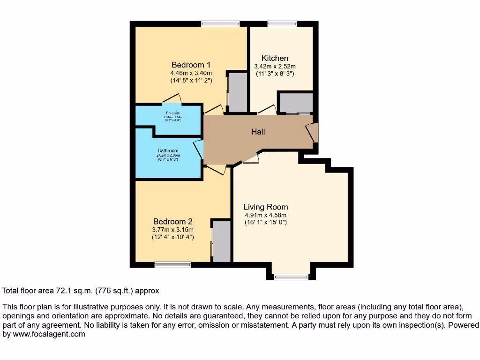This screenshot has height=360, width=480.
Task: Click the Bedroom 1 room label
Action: [x=191, y=65]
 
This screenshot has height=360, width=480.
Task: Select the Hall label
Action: [x=258, y=132]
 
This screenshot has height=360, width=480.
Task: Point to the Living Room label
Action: [x=265, y=207]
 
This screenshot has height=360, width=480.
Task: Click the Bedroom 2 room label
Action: [x=172, y=221]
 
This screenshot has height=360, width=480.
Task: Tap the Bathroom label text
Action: [x=168, y=150]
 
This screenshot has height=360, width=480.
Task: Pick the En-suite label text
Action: [x=172, y=113]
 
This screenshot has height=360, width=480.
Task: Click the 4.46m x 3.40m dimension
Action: [x=191, y=73]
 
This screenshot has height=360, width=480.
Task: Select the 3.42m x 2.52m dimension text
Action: [x=275, y=67]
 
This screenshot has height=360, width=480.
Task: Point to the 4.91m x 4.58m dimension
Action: [x=265, y=215]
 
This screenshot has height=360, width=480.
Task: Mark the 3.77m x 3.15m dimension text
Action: [x=172, y=230]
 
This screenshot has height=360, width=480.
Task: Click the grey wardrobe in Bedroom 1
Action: [x=237, y=92]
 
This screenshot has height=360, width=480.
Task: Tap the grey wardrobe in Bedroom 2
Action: [x=222, y=241]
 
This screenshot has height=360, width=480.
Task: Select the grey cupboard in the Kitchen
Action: [x=296, y=103]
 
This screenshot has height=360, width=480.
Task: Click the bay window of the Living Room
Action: [x=291, y=277]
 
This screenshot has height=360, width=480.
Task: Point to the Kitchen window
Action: [x=282, y=24]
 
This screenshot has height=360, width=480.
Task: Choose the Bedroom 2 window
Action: [x=173, y=265]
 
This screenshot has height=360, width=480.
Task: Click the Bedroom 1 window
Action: [x=220, y=24]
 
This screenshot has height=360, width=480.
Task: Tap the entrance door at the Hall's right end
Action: [x=313, y=133]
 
